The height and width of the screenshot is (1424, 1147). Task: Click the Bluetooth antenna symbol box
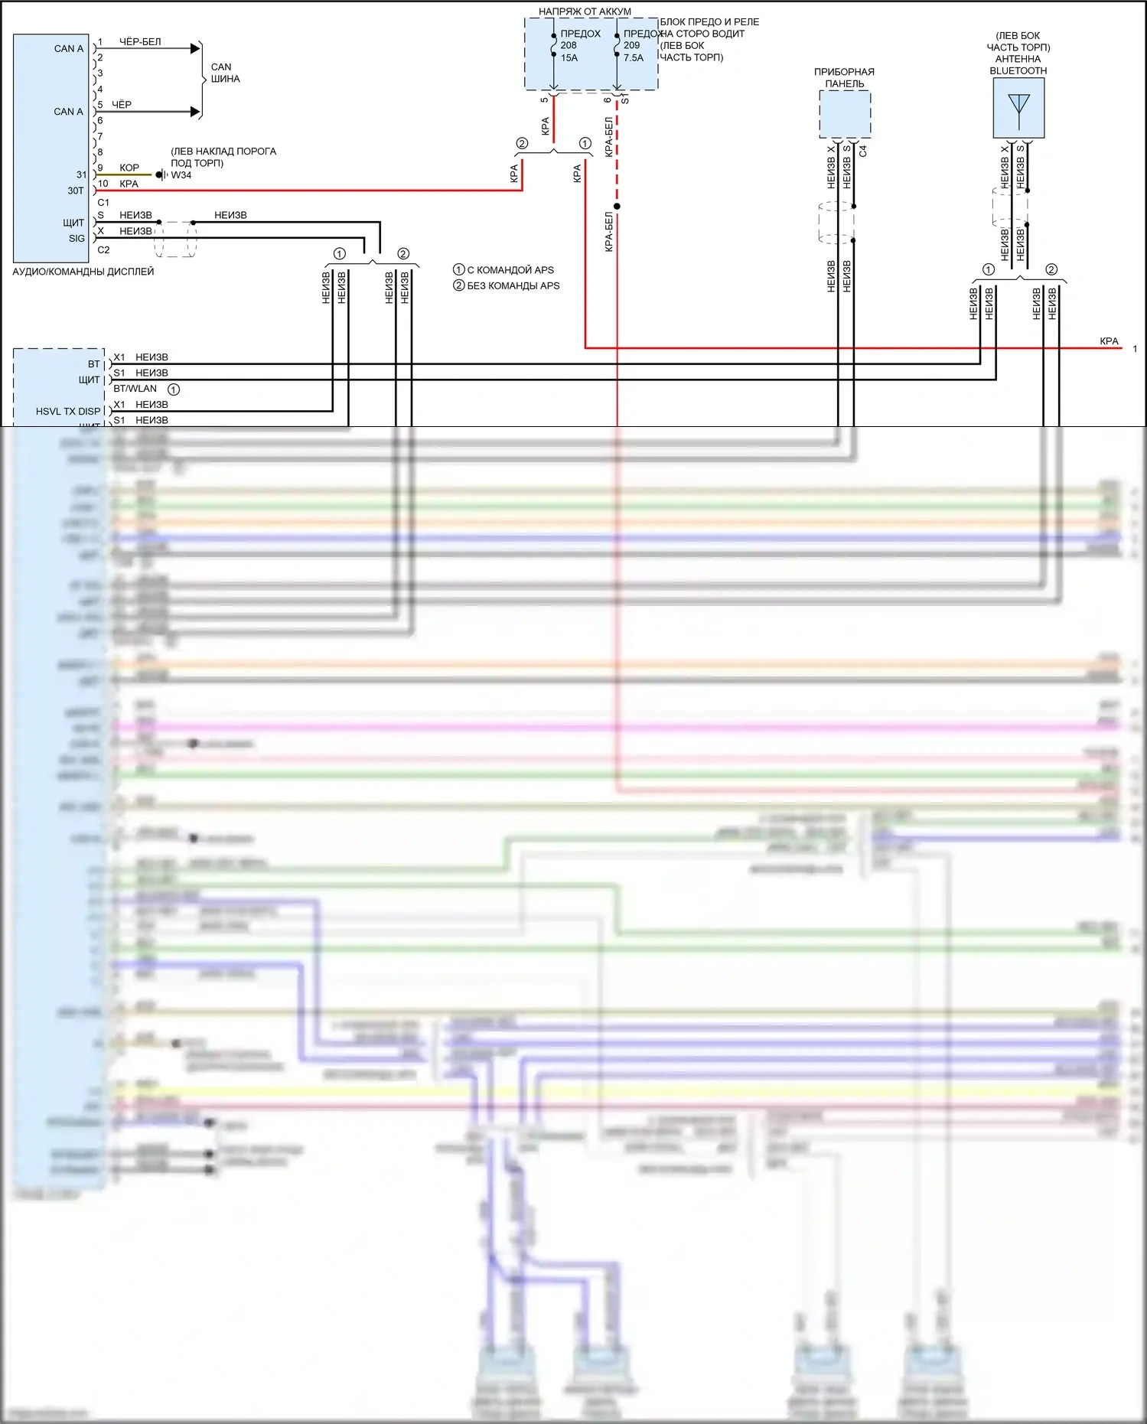[x=1018, y=108]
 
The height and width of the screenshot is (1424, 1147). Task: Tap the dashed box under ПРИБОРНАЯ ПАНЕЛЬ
[x=845, y=114]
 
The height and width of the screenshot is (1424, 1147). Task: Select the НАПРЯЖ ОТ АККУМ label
[x=585, y=11]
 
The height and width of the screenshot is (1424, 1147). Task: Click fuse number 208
[x=569, y=45]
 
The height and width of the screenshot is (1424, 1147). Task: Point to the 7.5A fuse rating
[x=634, y=57]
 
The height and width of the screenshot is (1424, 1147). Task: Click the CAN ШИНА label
[x=225, y=73]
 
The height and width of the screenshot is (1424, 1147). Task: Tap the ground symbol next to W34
[x=161, y=175]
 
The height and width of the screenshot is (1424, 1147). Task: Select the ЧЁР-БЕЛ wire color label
[x=140, y=41]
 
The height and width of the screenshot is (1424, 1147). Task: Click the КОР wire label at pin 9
[x=129, y=168]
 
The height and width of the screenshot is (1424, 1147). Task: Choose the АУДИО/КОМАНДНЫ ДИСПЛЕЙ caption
[x=83, y=272]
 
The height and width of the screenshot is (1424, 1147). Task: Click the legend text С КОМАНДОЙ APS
[x=510, y=270]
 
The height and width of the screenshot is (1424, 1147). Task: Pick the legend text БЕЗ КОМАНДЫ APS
[x=513, y=285]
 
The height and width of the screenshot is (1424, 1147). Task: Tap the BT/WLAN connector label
[x=135, y=389]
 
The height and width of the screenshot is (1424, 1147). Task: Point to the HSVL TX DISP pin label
[x=68, y=412]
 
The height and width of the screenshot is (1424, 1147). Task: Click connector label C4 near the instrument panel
[x=863, y=151]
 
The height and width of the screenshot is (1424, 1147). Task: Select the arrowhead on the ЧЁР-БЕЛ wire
[x=195, y=48]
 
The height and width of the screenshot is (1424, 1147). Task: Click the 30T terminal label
[x=75, y=191]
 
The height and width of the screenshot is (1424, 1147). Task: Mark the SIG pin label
[x=77, y=238]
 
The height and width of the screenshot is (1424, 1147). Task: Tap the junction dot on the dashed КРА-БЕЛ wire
[x=617, y=206]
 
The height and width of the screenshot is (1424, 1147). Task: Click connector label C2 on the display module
[x=103, y=250]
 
